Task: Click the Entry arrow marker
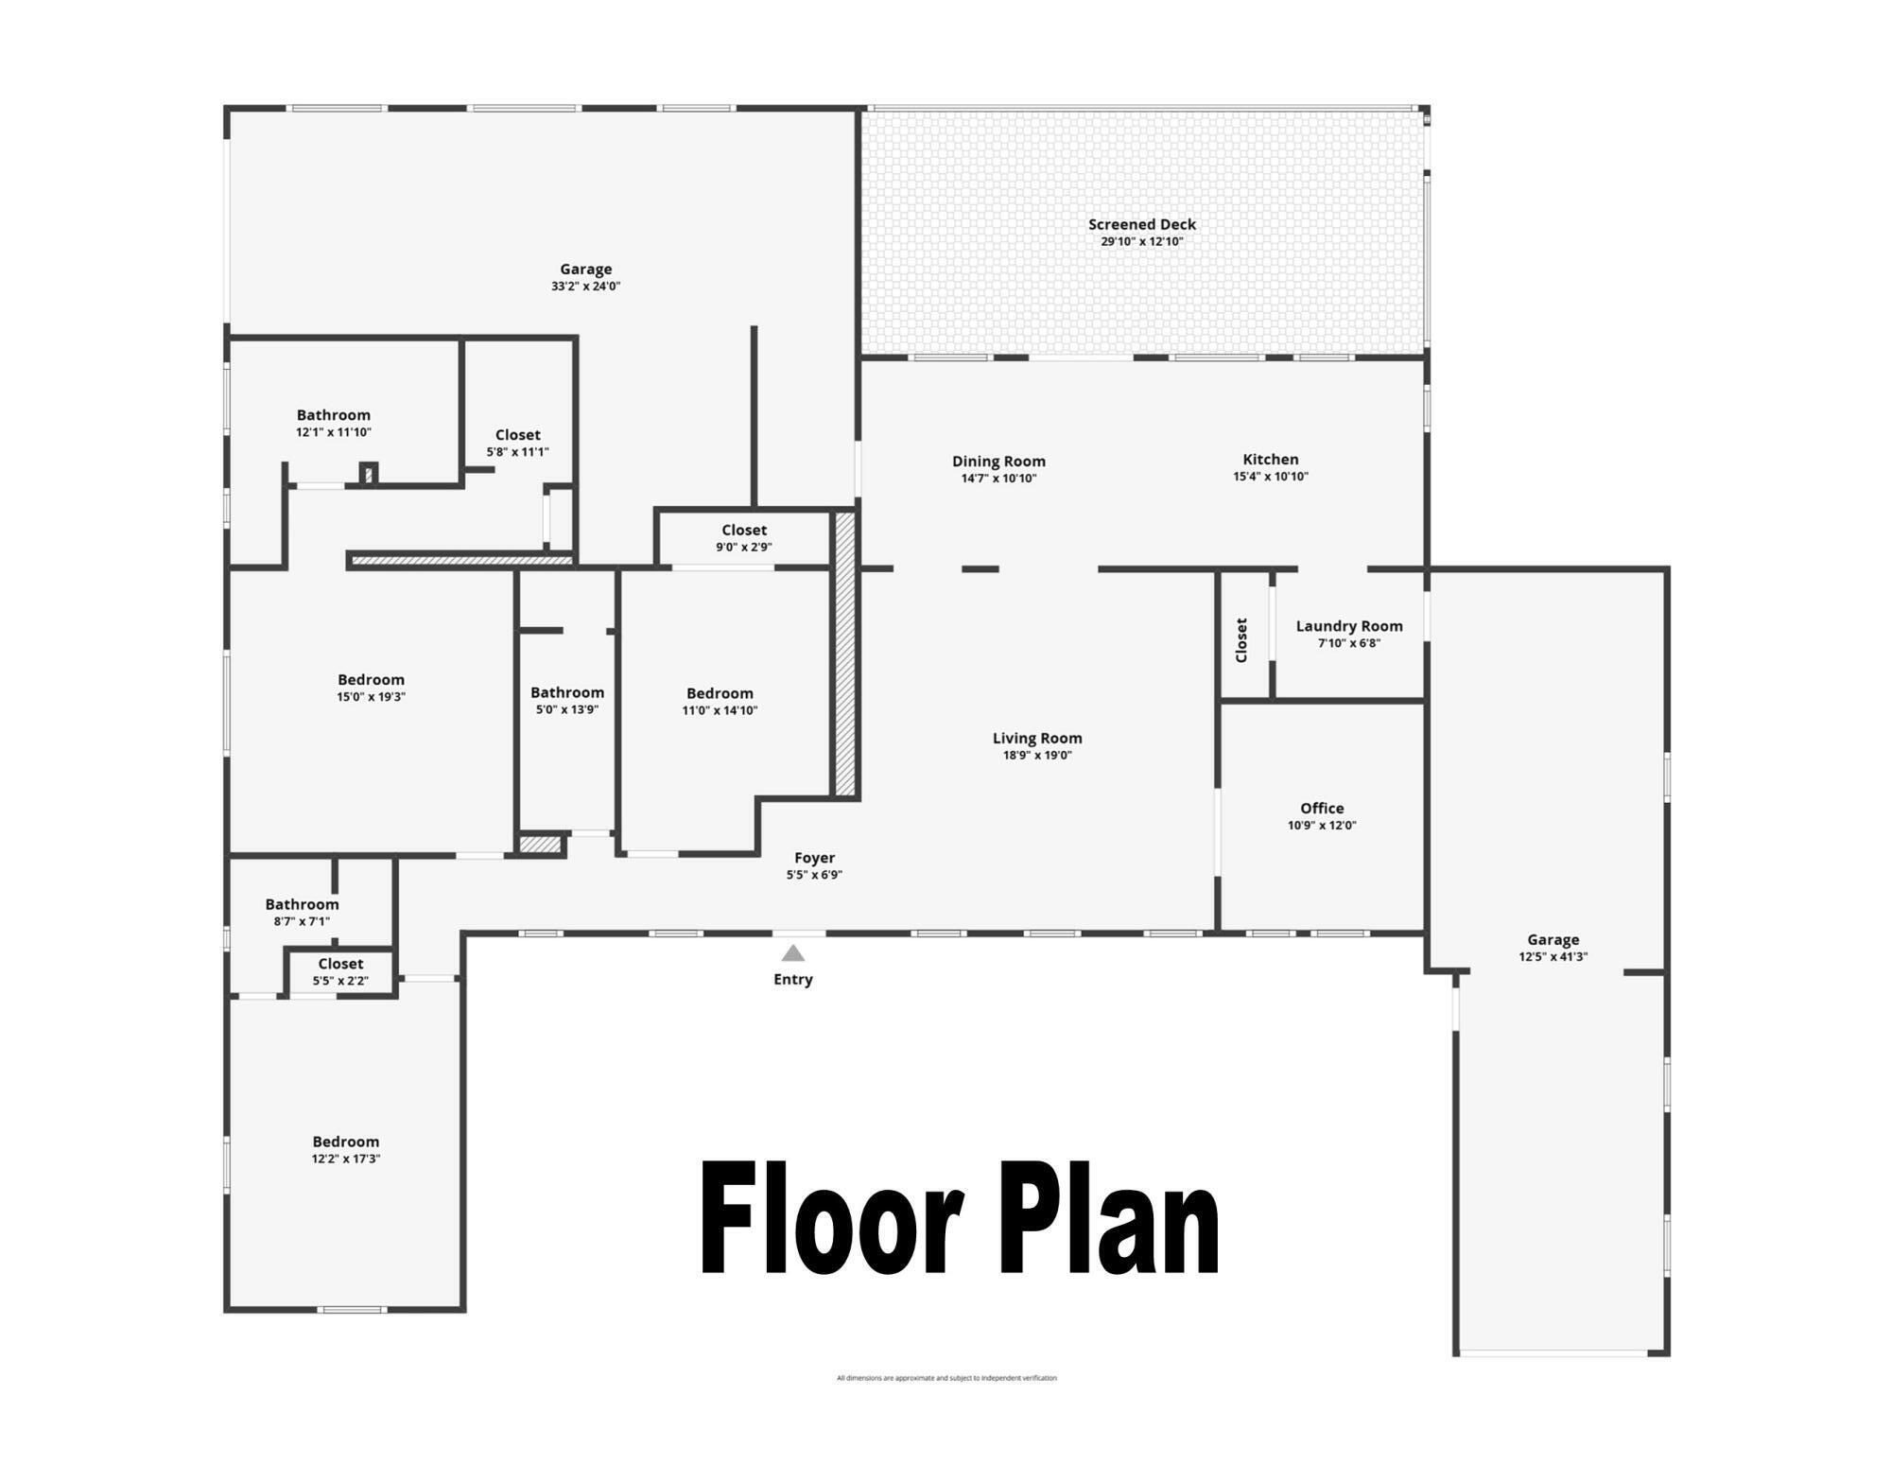(x=793, y=953)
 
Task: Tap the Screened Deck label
(x=1142, y=224)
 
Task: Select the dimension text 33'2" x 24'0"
(x=585, y=287)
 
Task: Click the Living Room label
(x=1037, y=738)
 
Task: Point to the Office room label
(x=1322, y=808)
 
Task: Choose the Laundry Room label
(x=1349, y=626)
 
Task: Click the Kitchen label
(x=1271, y=460)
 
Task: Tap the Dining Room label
(x=998, y=462)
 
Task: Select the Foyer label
(x=814, y=858)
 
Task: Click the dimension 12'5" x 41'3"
(x=1553, y=956)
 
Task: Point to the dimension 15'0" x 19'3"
(x=371, y=697)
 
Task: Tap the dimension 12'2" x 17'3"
(x=346, y=1159)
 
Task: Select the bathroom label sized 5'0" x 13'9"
(x=567, y=692)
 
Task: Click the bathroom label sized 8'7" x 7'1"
(x=302, y=904)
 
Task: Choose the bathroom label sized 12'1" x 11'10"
(x=333, y=415)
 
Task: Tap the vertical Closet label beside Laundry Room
(x=1242, y=640)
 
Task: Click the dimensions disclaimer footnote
(x=946, y=1378)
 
